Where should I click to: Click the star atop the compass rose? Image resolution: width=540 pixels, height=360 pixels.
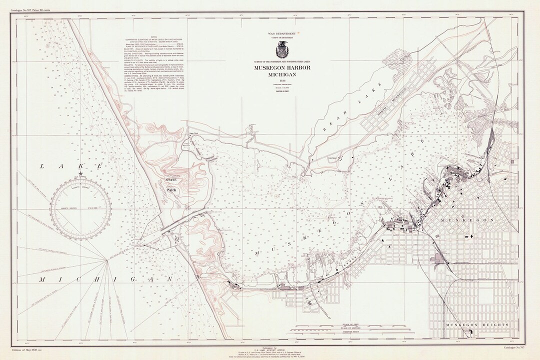(x=81, y=173)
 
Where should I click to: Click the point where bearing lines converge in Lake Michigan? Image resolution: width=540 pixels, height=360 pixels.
(x=106, y=259)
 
